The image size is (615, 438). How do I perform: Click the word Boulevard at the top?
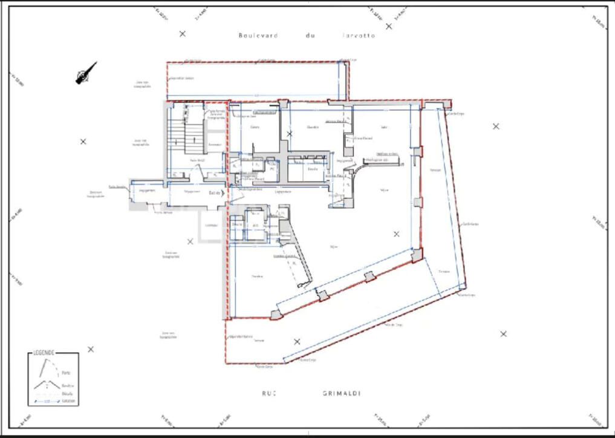258,36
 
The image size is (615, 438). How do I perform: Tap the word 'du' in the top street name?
310,36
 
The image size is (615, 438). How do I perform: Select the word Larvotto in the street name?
358,36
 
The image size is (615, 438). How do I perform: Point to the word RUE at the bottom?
269,393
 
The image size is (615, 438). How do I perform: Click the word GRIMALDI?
342,393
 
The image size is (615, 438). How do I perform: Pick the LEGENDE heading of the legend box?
45,353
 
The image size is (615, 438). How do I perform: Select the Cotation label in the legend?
68,400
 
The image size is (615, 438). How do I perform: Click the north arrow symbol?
86,73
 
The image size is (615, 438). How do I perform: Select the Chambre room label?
313,127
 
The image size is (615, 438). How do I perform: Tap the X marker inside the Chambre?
290,133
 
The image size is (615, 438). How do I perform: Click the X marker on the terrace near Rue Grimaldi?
297,342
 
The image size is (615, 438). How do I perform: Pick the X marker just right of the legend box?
91,349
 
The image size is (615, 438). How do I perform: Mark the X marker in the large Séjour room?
397,234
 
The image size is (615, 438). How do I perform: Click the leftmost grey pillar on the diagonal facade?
276,315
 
